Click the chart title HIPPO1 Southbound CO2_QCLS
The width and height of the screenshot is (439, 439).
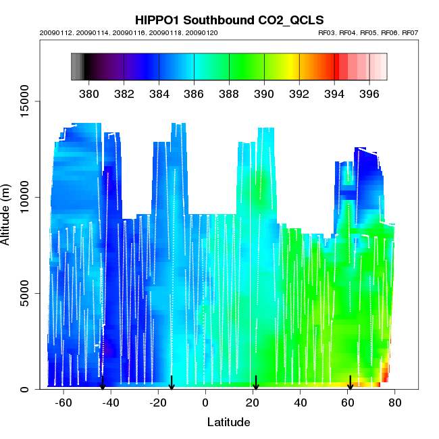(229, 20)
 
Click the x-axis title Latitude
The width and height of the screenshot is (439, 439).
(228, 422)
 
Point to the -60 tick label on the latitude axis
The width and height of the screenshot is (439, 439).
(63, 403)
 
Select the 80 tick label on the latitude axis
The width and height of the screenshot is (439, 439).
(395, 403)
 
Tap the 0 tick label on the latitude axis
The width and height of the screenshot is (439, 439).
(205, 403)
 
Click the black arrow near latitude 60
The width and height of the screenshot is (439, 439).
(350, 383)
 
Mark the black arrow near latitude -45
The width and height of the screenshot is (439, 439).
(103, 383)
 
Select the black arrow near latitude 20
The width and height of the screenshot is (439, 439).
(256, 383)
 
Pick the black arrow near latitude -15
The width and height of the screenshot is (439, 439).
(172, 383)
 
